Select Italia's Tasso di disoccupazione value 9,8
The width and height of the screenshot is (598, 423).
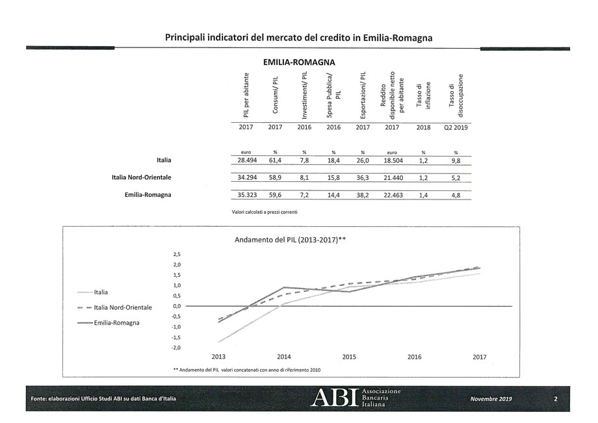click(x=456, y=160)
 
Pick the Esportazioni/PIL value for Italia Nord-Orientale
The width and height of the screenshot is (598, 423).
click(x=362, y=177)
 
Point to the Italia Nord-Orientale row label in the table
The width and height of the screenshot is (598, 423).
click(x=142, y=177)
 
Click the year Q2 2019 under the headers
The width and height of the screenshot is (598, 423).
click(x=456, y=128)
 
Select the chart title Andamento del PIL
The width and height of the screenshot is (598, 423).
click(x=289, y=240)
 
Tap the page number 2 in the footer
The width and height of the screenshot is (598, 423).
click(x=556, y=398)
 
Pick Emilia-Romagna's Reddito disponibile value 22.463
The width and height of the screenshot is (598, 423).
click(x=392, y=194)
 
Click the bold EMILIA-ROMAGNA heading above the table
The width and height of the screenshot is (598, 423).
click(x=299, y=63)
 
